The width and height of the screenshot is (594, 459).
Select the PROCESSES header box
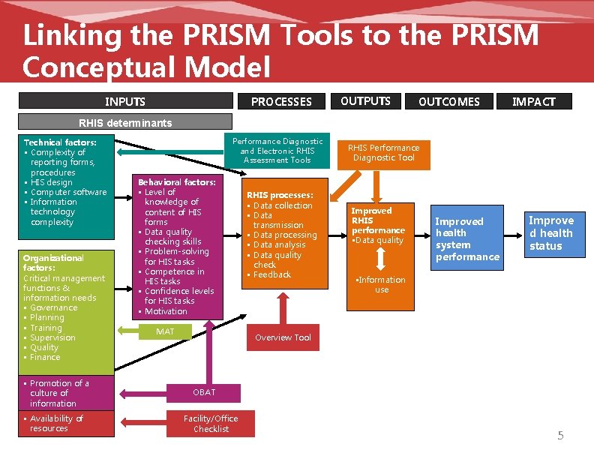[x=280, y=101]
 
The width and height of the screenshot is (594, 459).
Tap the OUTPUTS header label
[x=365, y=100]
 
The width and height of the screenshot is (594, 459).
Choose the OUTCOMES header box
[x=448, y=101]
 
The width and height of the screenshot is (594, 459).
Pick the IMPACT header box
[x=533, y=101]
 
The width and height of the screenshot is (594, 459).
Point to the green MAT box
[x=165, y=331]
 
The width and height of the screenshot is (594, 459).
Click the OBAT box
[x=204, y=392]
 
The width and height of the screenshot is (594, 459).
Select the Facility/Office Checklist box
[x=215, y=424]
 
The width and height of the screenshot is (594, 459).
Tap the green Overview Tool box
[x=283, y=337]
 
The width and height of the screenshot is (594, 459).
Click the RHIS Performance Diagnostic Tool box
[x=383, y=152]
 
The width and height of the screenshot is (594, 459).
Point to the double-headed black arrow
[x=379, y=259]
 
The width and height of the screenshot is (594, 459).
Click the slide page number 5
[x=559, y=436]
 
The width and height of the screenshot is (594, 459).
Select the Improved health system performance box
[x=467, y=238]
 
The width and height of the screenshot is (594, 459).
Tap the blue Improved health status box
[x=550, y=232]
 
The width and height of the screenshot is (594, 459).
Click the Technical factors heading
[x=60, y=142]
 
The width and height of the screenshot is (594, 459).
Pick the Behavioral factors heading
[x=177, y=182]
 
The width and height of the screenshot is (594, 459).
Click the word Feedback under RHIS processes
[x=271, y=274]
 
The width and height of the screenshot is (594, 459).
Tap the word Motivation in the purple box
[x=166, y=311]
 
